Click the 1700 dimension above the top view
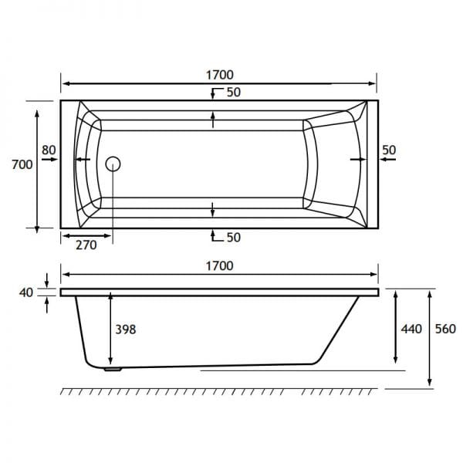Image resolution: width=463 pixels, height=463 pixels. pos(220,75)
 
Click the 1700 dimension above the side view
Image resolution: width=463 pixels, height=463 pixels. pos(220,266)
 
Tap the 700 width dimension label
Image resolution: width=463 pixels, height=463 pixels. pos(22,164)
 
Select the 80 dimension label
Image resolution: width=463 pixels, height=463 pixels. pos(49,150)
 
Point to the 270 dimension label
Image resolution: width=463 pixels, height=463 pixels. pos(86,245)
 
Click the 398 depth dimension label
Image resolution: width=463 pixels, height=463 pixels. pos(126,330)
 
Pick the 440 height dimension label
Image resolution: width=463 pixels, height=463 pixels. pos(411,329)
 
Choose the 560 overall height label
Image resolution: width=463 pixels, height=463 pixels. pos(445,329)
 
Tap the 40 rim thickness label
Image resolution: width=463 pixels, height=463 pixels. pos(26,292)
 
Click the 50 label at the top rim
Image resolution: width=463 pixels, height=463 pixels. pos(234,93)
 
